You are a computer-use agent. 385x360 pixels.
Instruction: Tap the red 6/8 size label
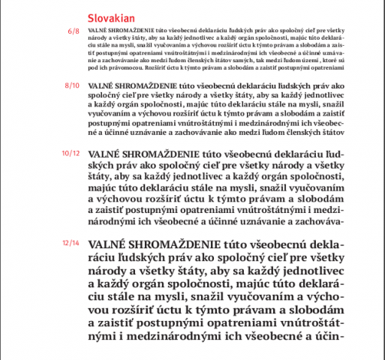(73, 32)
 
